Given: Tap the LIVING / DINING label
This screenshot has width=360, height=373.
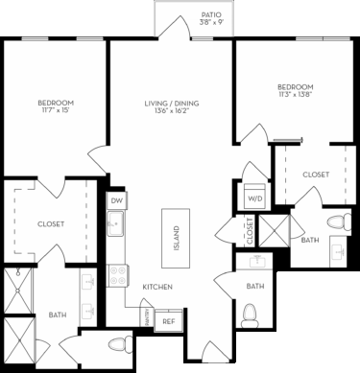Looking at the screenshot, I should (167, 102).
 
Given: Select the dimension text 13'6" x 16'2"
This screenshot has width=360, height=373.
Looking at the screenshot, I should (167, 111).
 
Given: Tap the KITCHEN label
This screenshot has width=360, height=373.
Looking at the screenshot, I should (157, 287).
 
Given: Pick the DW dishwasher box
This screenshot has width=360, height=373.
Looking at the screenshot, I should (116, 200).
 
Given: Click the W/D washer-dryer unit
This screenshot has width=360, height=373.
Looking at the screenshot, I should (255, 198).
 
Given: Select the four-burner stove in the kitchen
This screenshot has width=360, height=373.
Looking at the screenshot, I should (118, 277).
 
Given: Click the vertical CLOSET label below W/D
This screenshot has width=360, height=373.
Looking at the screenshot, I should (249, 230).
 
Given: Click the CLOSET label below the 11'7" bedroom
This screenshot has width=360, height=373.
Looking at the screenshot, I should (51, 223).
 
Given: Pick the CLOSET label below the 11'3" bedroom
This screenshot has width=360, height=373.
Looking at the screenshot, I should (316, 175).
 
